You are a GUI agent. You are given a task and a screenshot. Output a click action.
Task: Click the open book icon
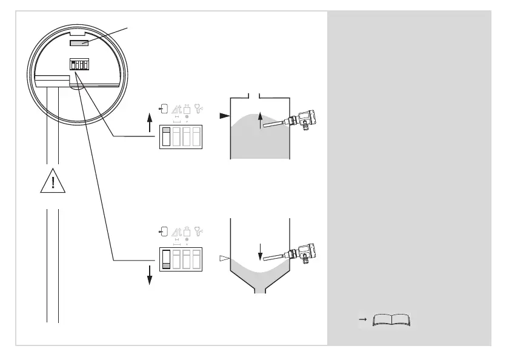pos(392,320)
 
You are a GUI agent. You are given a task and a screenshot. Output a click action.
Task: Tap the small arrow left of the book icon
pos(362,318)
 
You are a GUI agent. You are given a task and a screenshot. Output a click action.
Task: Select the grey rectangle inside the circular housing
pos(80,44)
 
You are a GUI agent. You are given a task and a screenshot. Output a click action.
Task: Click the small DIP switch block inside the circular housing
pos(79,64)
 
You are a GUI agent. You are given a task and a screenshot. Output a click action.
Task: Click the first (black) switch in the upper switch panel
pos(166,138)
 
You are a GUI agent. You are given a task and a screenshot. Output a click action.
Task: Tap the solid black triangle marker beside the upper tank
pos(224,114)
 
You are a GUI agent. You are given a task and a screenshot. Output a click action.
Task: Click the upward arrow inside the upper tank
pos(261,120)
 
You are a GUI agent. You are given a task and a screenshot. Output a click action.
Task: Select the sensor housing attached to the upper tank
pos(304,118)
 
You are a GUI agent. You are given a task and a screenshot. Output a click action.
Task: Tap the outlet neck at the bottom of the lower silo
pos(260,287)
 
